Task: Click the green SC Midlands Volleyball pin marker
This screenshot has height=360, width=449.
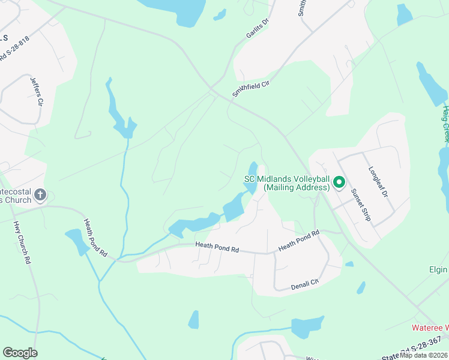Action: click(339, 182)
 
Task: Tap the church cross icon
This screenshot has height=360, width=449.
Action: click(40, 194)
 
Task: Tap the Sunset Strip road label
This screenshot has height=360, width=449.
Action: click(361, 204)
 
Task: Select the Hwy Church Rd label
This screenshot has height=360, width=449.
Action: click(22, 243)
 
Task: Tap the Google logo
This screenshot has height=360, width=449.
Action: click(20, 353)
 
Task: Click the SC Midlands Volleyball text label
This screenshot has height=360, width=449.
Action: click(286, 183)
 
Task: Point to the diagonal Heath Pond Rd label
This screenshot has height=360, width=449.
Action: click(95, 238)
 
